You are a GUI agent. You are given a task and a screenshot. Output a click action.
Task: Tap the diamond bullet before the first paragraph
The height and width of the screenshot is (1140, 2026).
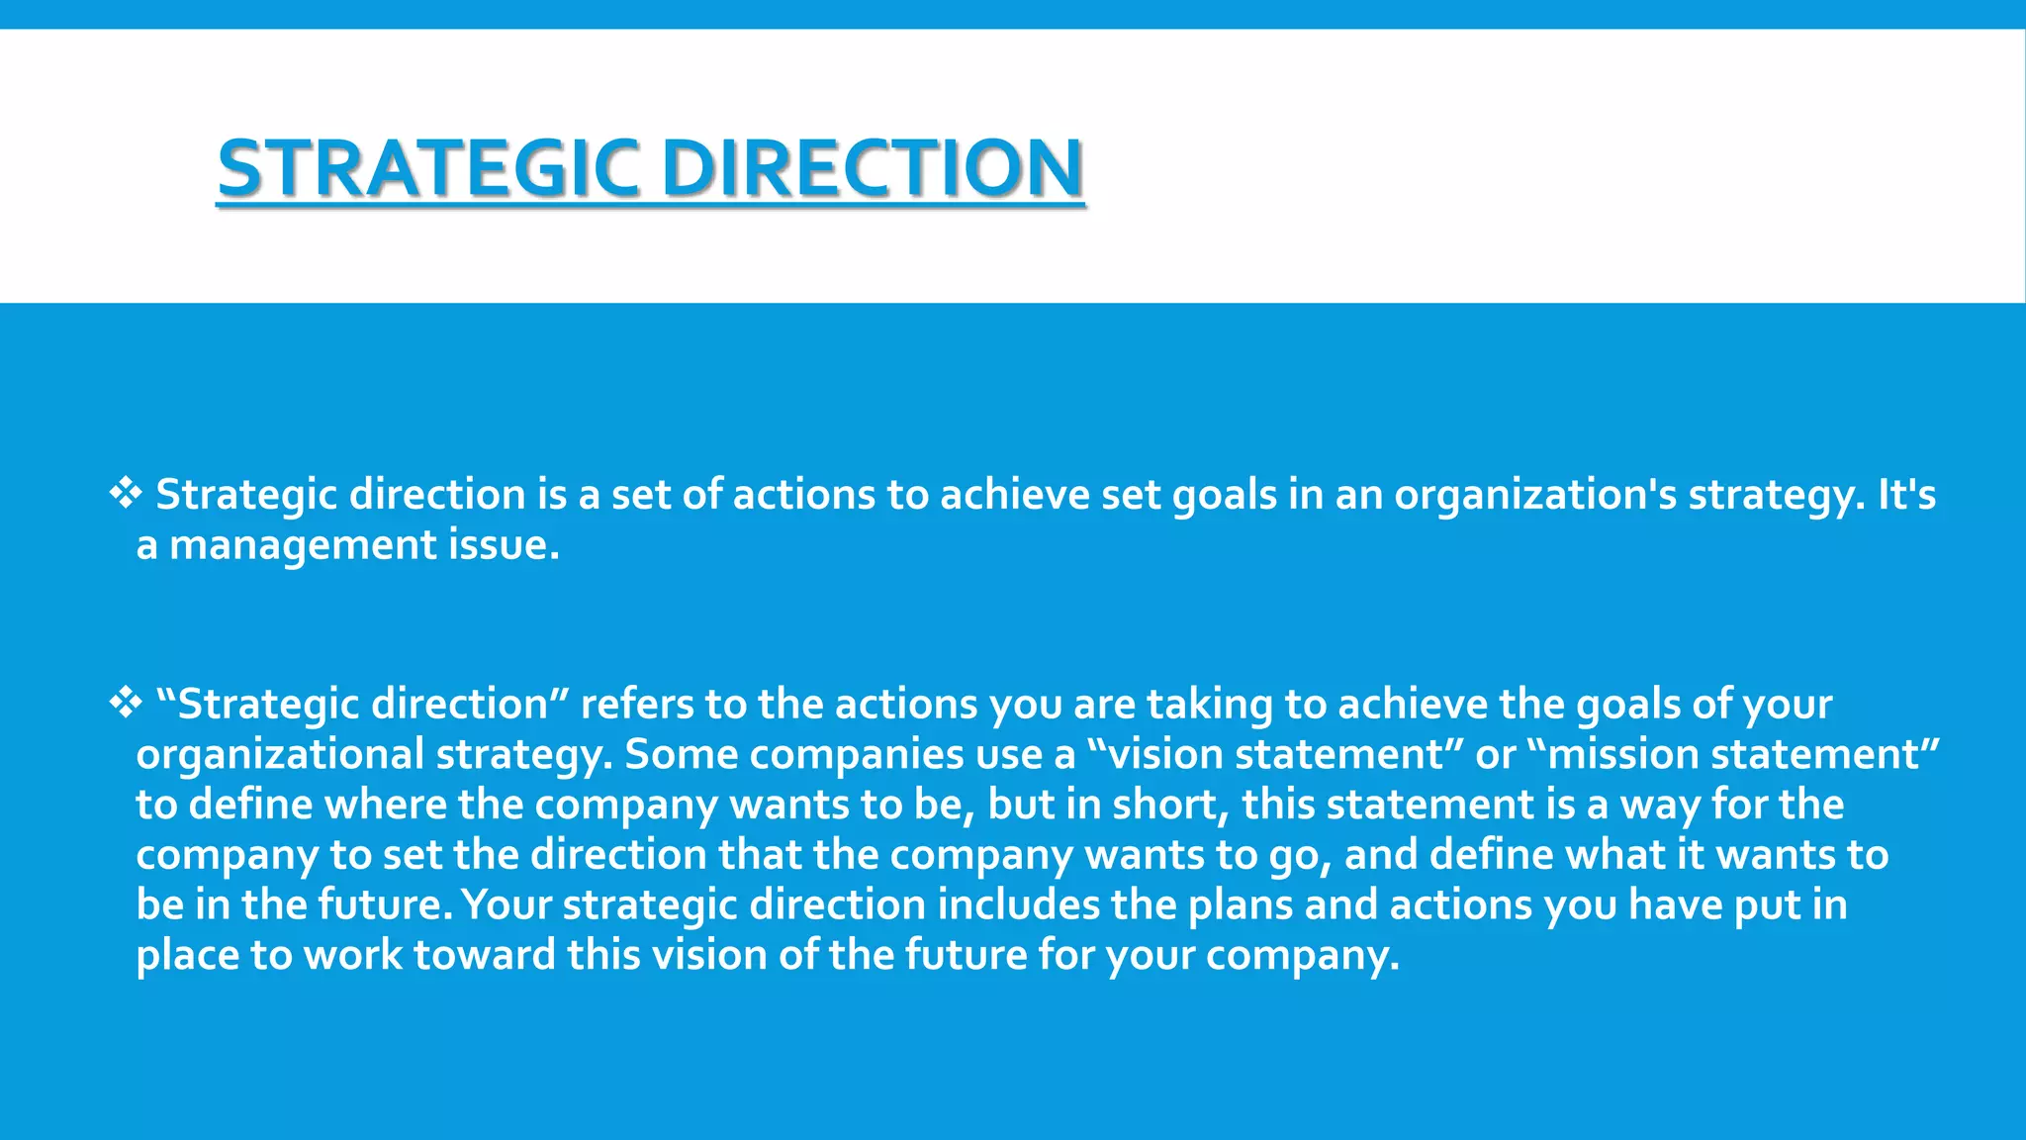[126, 493]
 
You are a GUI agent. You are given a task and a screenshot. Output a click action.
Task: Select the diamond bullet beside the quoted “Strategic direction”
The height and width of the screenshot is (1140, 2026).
[126, 703]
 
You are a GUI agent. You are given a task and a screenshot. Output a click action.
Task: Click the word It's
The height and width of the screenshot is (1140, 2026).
[1906, 495]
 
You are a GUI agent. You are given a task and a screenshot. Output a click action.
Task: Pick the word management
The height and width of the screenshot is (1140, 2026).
[303, 545]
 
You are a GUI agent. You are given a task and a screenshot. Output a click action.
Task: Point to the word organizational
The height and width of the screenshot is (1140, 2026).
[280, 755]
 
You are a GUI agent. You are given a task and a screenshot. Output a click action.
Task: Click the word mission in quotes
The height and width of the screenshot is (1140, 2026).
[1622, 755]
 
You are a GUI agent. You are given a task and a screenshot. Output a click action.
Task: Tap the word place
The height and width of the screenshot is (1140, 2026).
[187, 956]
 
